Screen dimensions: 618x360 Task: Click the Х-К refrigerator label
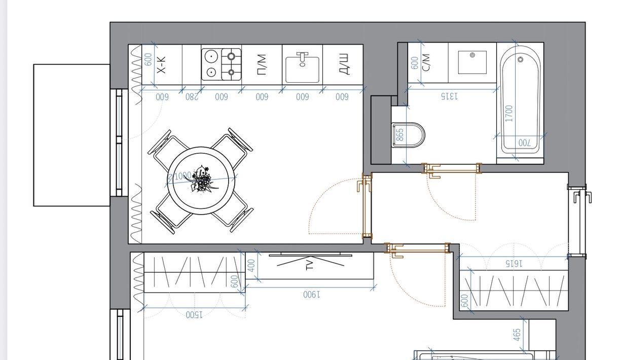tap(161, 65)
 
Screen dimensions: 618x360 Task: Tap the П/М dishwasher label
tap(262, 65)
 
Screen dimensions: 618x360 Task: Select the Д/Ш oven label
tap(344, 64)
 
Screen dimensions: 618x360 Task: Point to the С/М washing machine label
tap(426, 63)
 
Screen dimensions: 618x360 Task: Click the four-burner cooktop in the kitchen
tap(221, 64)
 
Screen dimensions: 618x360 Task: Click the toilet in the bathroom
tap(408, 135)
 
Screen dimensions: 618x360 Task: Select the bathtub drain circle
tap(520, 59)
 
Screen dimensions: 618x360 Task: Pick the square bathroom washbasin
tap(472, 62)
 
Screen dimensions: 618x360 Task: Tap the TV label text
tap(310, 264)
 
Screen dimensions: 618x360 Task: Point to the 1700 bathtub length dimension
tap(509, 114)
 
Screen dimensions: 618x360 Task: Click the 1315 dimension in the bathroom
tap(449, 96)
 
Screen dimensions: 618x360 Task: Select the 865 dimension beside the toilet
tap(399, 135)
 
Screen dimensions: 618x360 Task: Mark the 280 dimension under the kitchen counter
tap(192, 97)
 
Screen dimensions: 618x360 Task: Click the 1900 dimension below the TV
tap(312, 295)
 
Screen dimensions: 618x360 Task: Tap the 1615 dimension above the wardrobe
tap(514, 264)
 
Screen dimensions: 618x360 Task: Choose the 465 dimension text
tap(517, 334)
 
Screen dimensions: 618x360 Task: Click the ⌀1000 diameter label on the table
tap(179, 176)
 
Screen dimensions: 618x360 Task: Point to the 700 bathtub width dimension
tap(525, 142)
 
